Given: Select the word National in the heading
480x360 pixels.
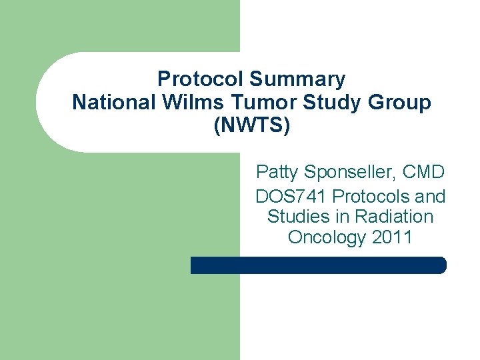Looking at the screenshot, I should coord(105,103).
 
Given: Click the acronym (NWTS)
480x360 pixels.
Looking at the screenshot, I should coord(251,126).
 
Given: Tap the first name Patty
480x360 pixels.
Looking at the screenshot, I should coord(277,173).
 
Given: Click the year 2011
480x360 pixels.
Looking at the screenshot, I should coord(392,237).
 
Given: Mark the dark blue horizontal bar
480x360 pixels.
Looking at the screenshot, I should coord(319,265).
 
